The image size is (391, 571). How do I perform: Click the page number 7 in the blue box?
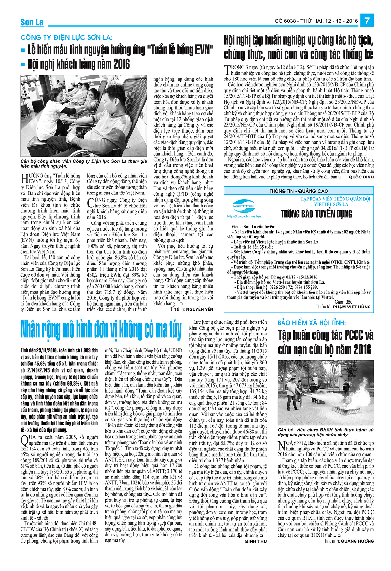point(367,21)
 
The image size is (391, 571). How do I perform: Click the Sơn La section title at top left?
point(32,22)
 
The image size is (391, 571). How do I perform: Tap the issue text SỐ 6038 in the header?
point(285,21)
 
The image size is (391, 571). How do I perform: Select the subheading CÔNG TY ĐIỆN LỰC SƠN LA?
point(66,37)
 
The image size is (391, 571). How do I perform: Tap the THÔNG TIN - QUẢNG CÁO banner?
point(298,191)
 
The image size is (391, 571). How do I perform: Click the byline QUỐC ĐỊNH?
point(361,177)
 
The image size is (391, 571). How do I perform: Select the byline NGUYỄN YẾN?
point(199,309)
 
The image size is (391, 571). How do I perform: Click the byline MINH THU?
point(255,541)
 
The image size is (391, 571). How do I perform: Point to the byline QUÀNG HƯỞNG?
point(357,541)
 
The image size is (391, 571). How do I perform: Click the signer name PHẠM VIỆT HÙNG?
point(352,307)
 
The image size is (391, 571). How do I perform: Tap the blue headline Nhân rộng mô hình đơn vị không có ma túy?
point(101,330)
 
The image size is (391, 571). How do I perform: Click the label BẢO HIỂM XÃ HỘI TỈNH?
point(311,323)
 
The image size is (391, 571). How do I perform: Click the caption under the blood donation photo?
point(83,164)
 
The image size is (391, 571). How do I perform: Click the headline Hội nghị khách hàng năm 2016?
point(79,64)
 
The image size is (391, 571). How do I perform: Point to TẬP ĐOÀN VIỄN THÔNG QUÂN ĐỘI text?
point(335,199)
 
